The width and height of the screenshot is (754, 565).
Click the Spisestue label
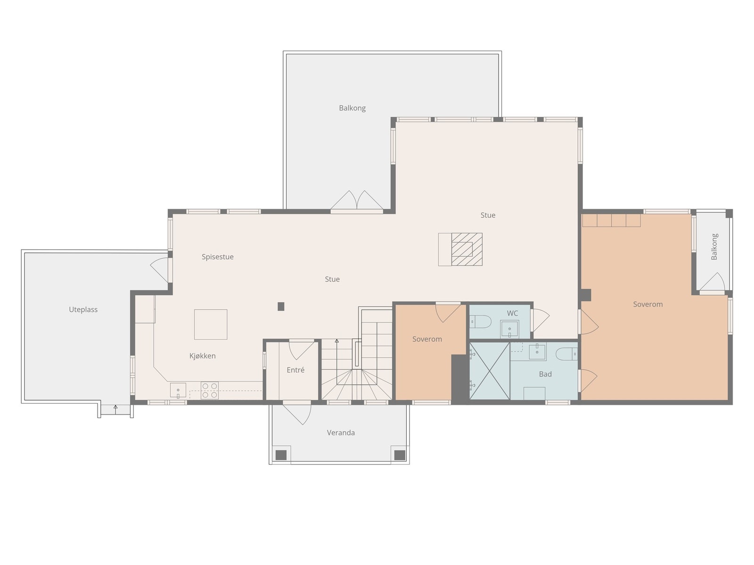pos(217,257)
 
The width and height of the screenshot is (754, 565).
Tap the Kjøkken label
pos(202,356)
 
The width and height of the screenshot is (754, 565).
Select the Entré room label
pos(295,370)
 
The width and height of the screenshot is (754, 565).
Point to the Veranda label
pos(341,433)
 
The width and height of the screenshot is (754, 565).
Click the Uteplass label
pos(83,309)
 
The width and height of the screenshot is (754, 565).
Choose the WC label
pos(512,313)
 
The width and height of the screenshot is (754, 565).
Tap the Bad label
pos(545,374)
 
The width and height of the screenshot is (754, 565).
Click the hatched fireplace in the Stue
pos(467,250)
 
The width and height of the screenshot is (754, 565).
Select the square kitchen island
pos(211,324)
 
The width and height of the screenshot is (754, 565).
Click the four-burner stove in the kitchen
pos(210,390)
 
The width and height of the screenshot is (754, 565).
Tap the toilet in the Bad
pos(566,354)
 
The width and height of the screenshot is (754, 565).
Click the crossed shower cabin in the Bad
pos(490,371)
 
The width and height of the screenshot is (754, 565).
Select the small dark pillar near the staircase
pos(281,307)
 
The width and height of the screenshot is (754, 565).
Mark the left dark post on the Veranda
pos(281,455)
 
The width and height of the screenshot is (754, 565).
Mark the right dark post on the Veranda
pos(400,455)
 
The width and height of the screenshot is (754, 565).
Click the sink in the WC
pos(509,329)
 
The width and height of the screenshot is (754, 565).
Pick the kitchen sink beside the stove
pos(178,390)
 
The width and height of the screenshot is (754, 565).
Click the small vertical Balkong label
pos(714,247)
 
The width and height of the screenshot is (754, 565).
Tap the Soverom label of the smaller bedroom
pos(427,339)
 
